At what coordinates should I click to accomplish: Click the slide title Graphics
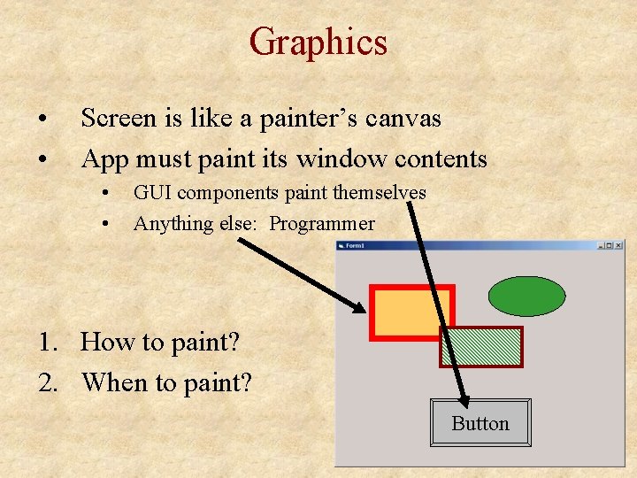(318, 42)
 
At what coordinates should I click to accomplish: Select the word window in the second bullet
(338, 159)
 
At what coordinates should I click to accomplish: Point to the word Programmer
(322, 224)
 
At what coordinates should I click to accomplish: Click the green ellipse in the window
(526, 297)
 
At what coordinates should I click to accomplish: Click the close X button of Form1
(618, 246)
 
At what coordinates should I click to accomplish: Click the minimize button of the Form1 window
(601, 246)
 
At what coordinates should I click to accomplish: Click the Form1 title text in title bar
(356, 246)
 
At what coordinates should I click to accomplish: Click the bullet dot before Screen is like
(42, 119)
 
